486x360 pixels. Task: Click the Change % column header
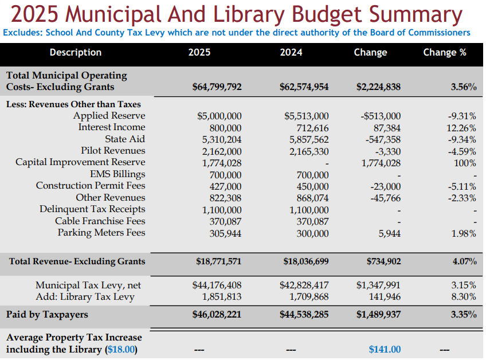pos(444,52)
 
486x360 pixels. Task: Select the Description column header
pos(75,52)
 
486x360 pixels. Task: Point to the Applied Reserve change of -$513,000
pos(381,116)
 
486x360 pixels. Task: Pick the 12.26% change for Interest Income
pos(461,127)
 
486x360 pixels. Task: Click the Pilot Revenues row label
pos(113,151)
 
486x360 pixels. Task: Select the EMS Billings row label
pos(117,174)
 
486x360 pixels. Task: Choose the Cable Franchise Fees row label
pos(100,221)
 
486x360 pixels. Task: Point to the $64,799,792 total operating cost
pos(217,87)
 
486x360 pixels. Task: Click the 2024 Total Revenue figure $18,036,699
pos(306,261)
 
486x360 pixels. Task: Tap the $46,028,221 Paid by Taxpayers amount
pos(217,315)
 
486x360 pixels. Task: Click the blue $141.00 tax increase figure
pos(385,349)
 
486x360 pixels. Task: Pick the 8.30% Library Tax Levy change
pos(464,297)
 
